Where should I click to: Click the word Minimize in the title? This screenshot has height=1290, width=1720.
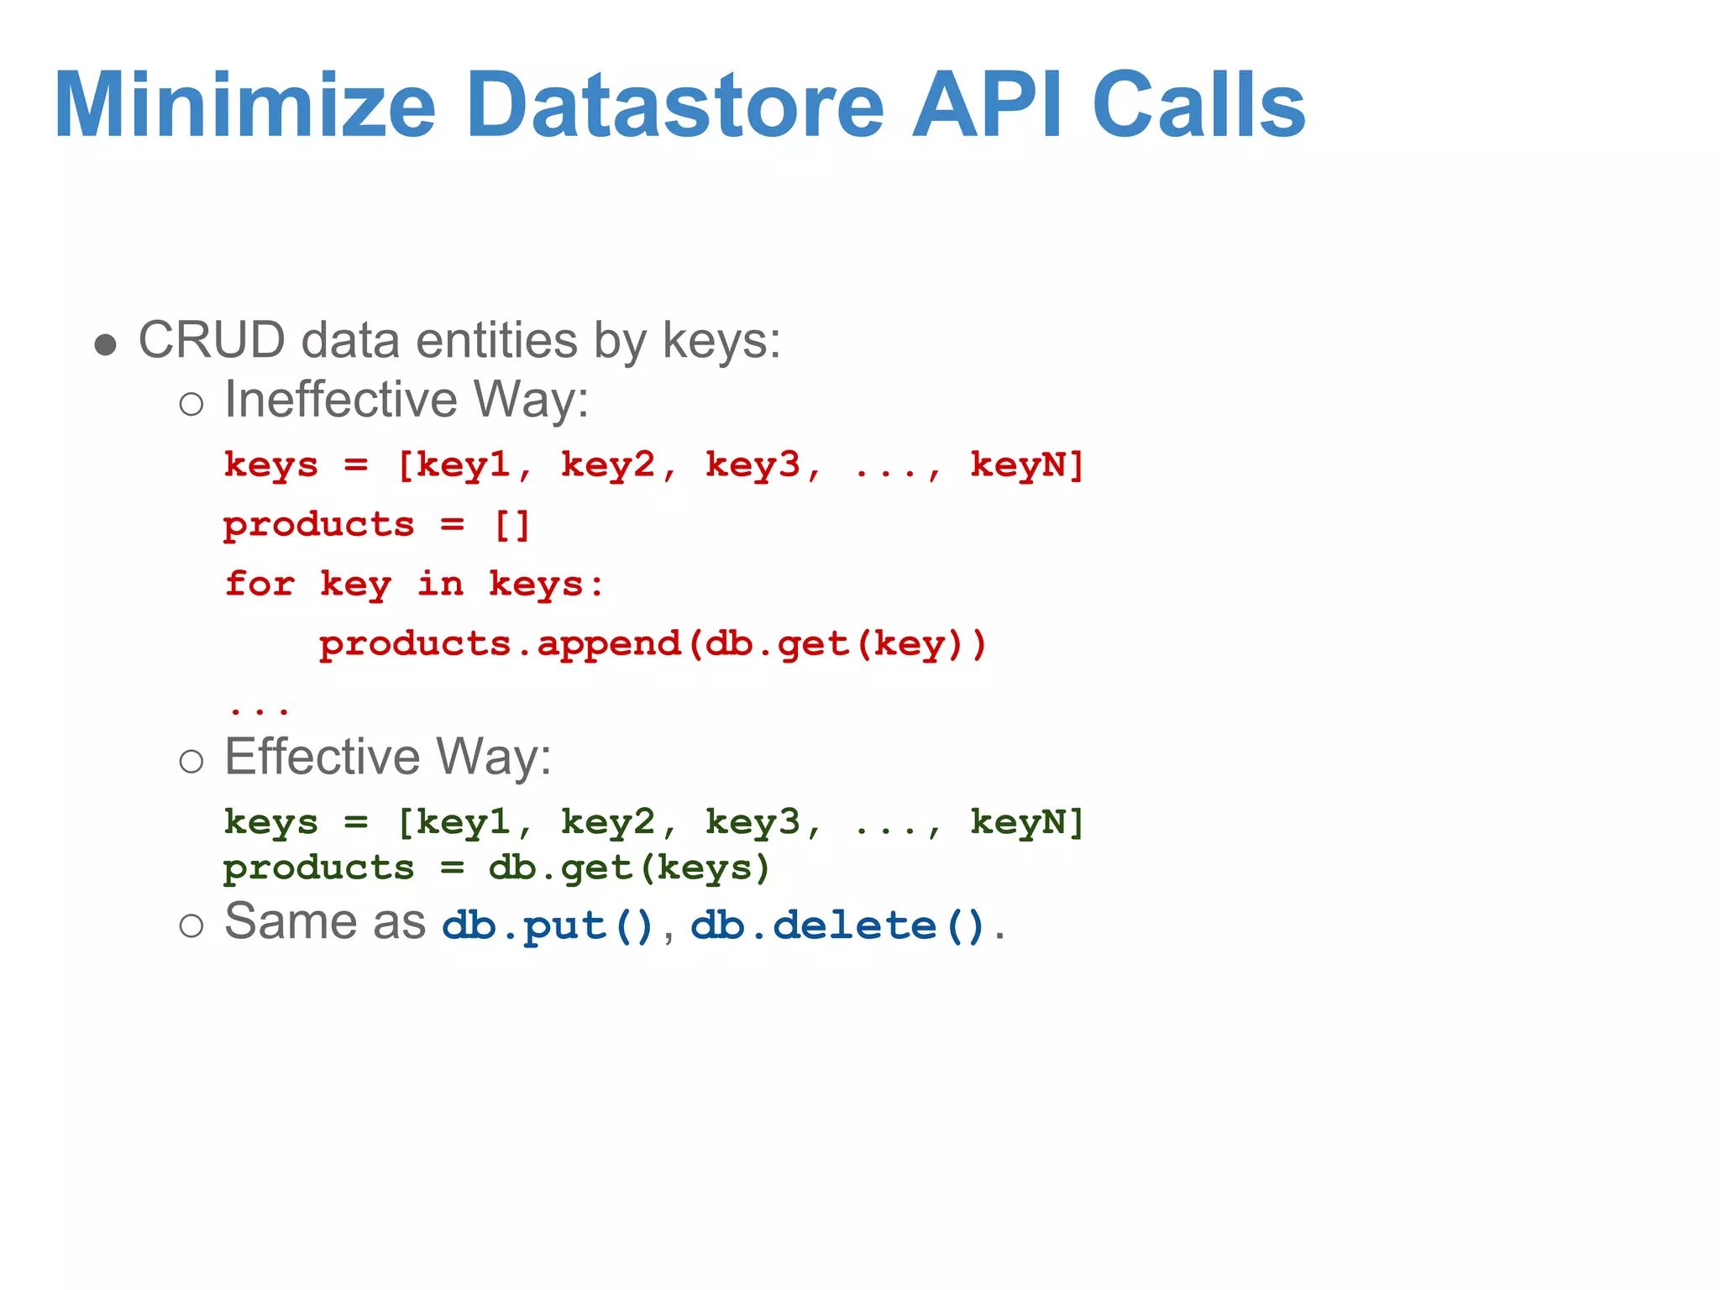[244, 105]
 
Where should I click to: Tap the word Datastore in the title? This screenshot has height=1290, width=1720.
[674, 105]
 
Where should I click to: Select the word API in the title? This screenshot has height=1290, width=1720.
[988, 105]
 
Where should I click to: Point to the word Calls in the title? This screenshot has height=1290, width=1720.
[1199, 105]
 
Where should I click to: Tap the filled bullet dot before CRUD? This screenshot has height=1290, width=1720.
[105, 344]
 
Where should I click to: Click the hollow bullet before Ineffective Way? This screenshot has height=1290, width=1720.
[191, 404]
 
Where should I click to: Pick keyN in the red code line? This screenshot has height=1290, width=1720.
[1026, 464]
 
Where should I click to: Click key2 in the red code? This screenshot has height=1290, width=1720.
[608, 464]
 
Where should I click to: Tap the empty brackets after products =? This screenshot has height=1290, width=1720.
[511, 525]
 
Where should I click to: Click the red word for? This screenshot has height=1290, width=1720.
[260, 584]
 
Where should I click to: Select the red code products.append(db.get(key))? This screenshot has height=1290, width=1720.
[653, 644]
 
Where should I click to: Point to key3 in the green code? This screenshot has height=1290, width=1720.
[753, 822]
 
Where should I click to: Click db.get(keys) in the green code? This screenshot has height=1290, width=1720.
[629, 868]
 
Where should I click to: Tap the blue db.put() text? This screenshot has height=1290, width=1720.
[548, 926]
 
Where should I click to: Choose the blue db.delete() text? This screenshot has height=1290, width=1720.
[837, 926]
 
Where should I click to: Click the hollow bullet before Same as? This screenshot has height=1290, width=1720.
[191, 926]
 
